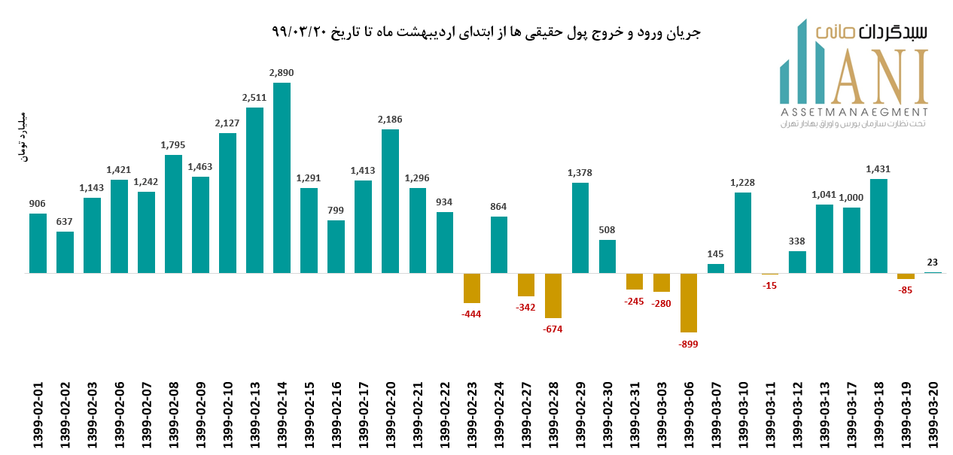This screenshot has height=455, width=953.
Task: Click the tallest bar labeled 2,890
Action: (282, 177)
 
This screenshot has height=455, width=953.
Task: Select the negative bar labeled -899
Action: (689, 302)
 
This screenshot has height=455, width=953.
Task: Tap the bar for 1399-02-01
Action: (38, 243)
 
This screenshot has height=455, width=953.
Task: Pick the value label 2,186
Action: (390, 119)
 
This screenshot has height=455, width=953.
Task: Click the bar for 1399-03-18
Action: (878, 226)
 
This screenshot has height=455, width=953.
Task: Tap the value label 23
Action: (933, 262)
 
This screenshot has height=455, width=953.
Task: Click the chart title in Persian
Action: (486, 32)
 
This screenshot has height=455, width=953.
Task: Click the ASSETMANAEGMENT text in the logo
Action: (852, 111)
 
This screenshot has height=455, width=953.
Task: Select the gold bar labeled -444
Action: (472, 288)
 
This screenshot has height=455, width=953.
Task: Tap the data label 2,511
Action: (254, 97)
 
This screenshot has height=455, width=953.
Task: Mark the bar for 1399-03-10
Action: (743, 232)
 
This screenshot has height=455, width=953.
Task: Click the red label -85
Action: (906, 290)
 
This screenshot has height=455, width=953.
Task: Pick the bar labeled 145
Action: (716, 268)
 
